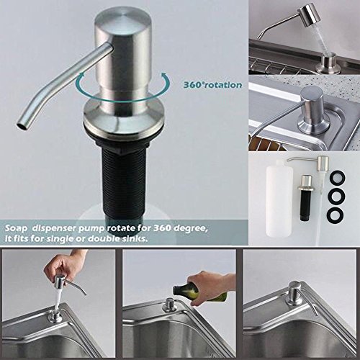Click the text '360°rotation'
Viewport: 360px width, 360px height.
[212, 85]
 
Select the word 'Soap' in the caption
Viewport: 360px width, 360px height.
[16, 228]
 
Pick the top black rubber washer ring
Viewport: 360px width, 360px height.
[338, 178]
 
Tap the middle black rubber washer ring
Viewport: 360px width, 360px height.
[338, 197]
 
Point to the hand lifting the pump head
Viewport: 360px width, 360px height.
[63, 264]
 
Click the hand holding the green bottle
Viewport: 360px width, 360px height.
[211, 287]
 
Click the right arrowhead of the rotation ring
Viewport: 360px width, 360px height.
[164, 76]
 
